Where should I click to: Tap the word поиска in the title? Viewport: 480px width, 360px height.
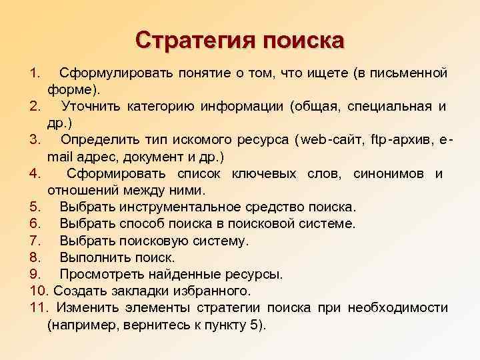pyautogui.click(x=304, y=40)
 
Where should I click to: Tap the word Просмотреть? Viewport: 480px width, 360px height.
pyautogui.click(x=102, y=274)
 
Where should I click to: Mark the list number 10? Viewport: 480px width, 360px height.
pyautogui.click(x=39, y=291)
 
